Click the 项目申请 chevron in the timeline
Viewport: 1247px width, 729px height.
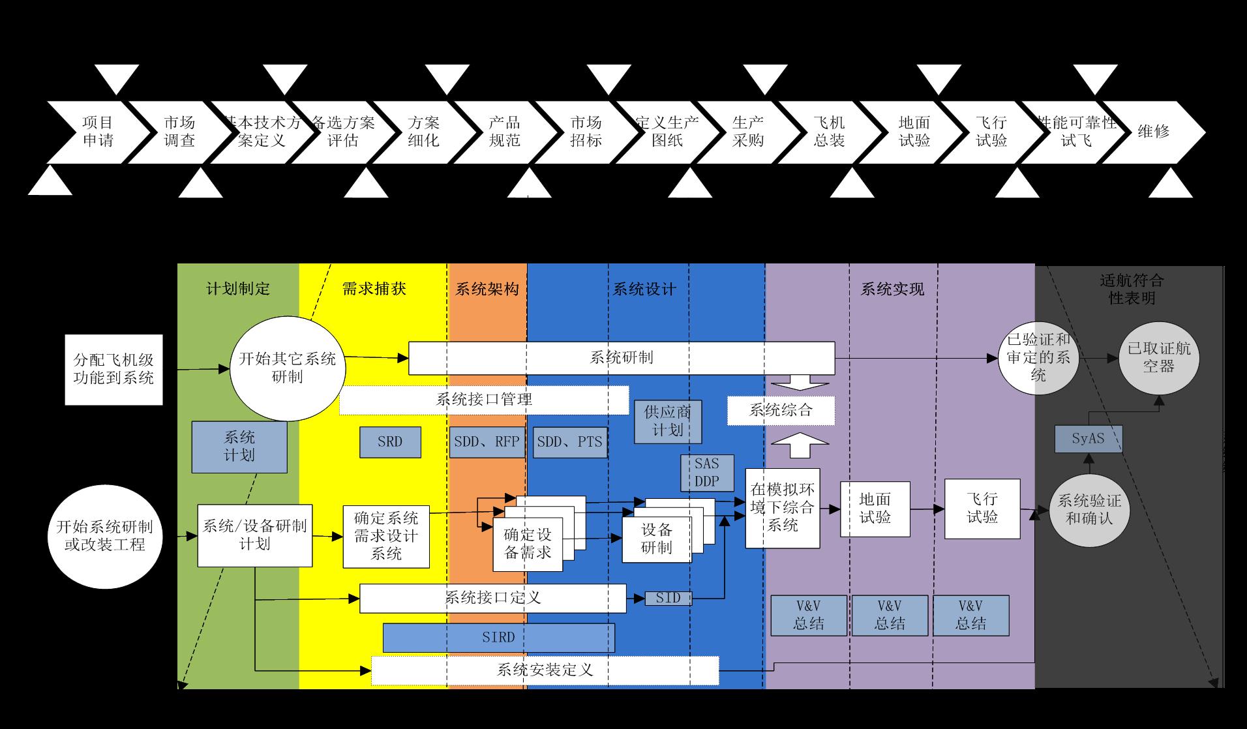pos(98,132)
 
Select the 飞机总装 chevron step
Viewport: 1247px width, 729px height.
pos(829,132)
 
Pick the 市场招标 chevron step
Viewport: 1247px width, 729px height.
pos(586,132)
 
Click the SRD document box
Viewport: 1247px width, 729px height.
pos(390,442)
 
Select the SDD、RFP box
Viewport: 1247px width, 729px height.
pos(487,442)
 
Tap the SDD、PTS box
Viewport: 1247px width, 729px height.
pos(569,442)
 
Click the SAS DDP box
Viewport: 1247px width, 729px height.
pos(707,473)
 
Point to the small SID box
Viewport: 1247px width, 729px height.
pos(668,598)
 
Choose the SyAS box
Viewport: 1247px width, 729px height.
pos(1089,439)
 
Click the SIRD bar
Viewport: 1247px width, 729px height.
pos(498,638)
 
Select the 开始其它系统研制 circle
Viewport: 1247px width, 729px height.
pos(288,368)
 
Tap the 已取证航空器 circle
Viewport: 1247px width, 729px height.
pos(1159,357)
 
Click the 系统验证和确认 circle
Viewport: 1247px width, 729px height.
pos(1089,510)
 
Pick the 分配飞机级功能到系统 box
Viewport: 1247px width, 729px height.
pos(113,369)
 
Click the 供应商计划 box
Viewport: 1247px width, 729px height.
pos(668,421)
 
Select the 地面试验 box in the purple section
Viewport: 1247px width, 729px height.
pos(875,509)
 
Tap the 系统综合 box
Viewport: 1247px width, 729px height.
pos(781,410)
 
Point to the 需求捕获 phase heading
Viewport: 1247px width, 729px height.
pos(374,289)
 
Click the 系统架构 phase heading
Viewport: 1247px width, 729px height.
pos(487,289)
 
